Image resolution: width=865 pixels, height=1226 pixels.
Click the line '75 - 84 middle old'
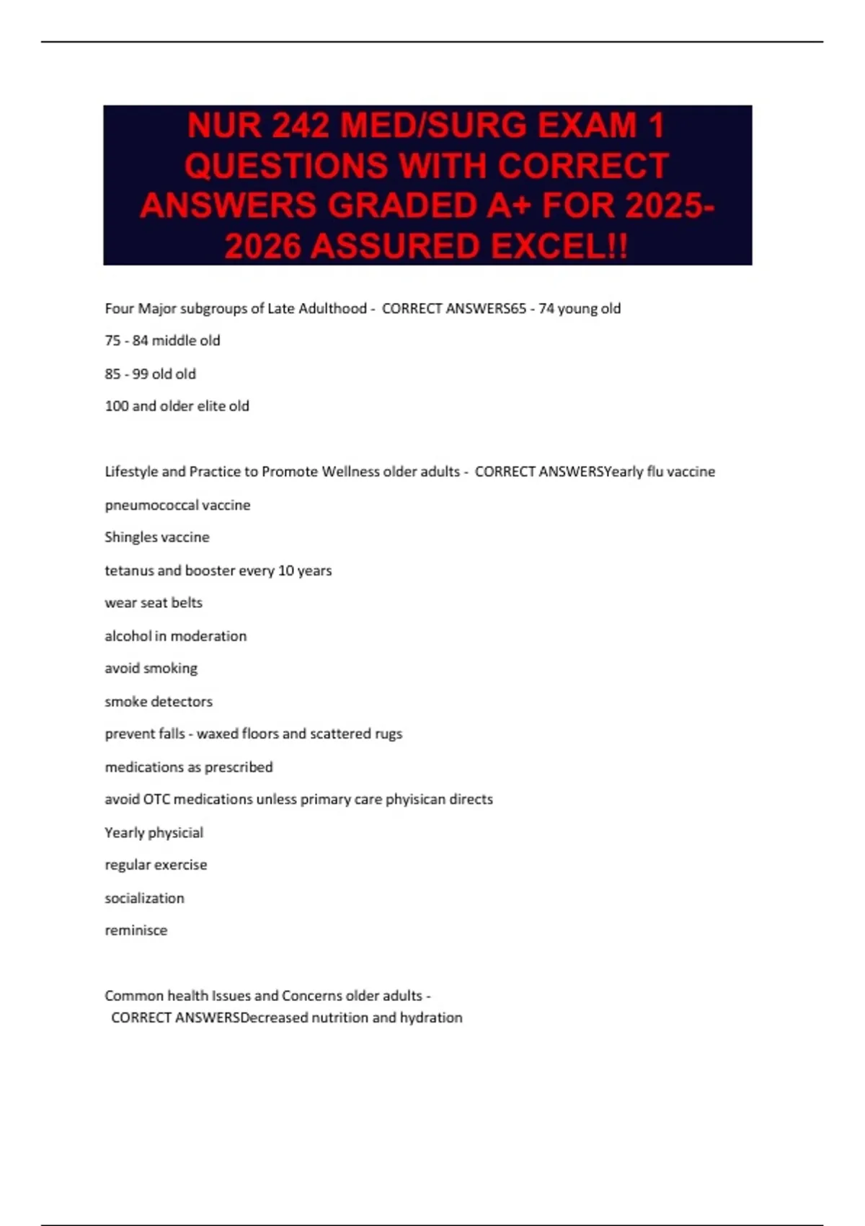(162, 340)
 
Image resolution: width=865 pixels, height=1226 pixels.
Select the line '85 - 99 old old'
(150, 374)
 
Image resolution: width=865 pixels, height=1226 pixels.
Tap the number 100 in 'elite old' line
(116, 406)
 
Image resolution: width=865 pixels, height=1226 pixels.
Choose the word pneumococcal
(151, 505)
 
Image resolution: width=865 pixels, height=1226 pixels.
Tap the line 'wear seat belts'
(154, 603)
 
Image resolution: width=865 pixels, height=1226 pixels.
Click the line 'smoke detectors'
(159, 701)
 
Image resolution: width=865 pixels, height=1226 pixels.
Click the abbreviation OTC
(156, 799)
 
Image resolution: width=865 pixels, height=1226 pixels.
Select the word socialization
(144, 898)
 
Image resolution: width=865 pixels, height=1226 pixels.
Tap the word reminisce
(136, 930)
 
